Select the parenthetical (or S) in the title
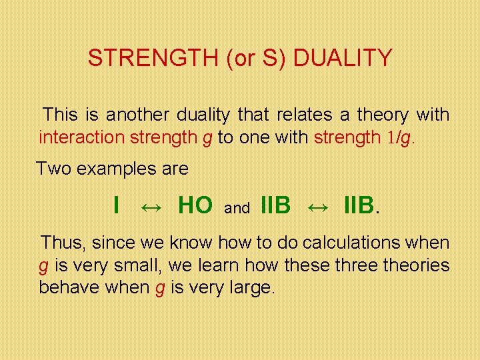point(257,59)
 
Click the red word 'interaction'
point(75,137)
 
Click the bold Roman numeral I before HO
point(117,206)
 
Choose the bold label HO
point(195,206)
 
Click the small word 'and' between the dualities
point(237,209)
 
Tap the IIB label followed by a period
point(360,206)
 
